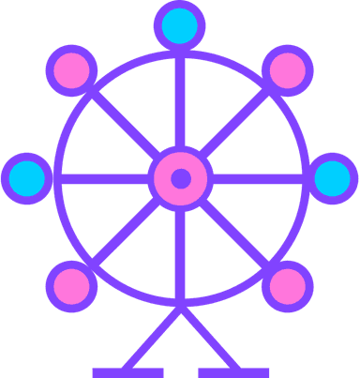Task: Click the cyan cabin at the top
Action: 180,26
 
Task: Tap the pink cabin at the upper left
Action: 73,69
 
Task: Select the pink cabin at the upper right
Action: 287,69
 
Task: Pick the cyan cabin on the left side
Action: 26,177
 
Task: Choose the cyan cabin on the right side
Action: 333,177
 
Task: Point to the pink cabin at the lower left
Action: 73,284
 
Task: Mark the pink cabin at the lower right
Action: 287,284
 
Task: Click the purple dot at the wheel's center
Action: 180,177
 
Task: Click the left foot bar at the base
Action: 127,372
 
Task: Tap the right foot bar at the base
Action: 233,372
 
